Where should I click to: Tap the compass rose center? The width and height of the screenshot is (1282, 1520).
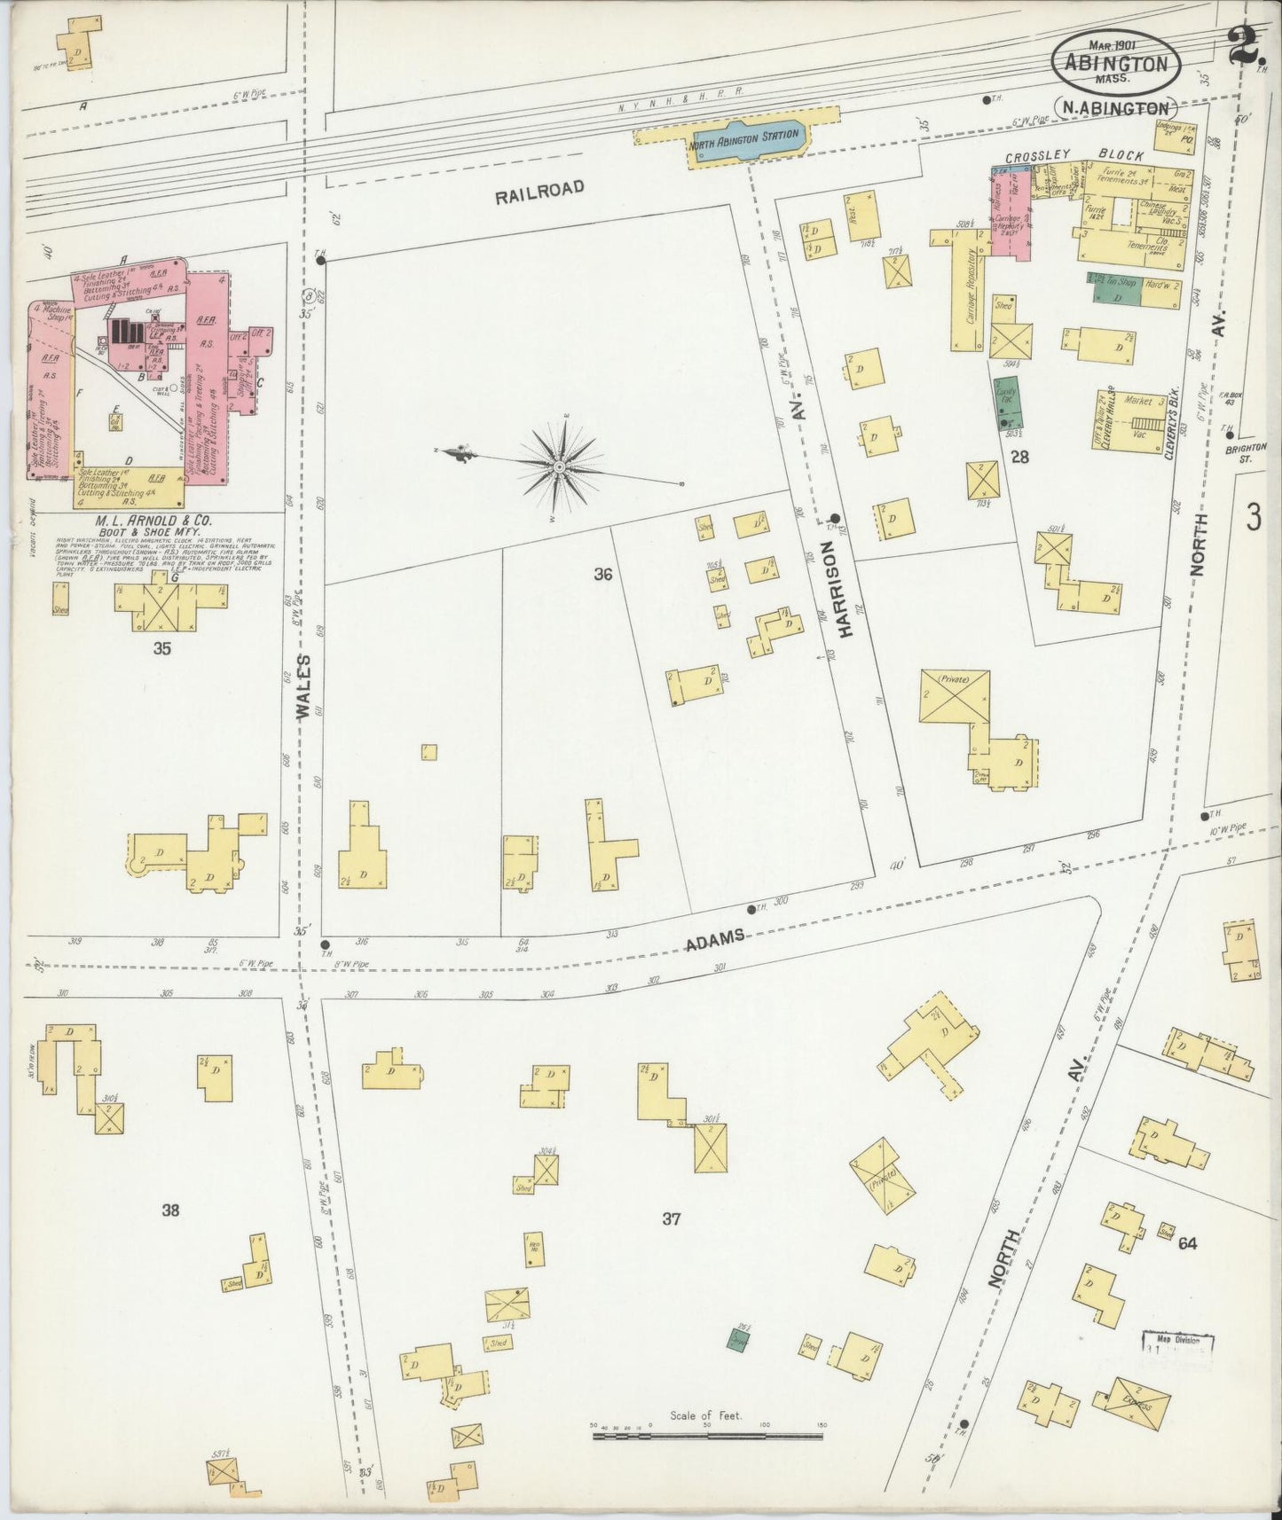pyautogui.click(x=560, y=466)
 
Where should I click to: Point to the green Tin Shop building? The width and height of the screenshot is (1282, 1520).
pyautogui.click(x=1115, y=288)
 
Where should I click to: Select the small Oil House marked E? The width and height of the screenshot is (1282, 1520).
pyautogui.click(x=116, y=420)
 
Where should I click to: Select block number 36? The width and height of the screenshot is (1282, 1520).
pyautogui.click(x=603, y=575)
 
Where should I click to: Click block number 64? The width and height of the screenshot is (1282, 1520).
pyautogui.click(x=1187, y=1243)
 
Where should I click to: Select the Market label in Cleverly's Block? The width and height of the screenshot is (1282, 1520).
pyautogui.click(x=1137, y=400)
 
